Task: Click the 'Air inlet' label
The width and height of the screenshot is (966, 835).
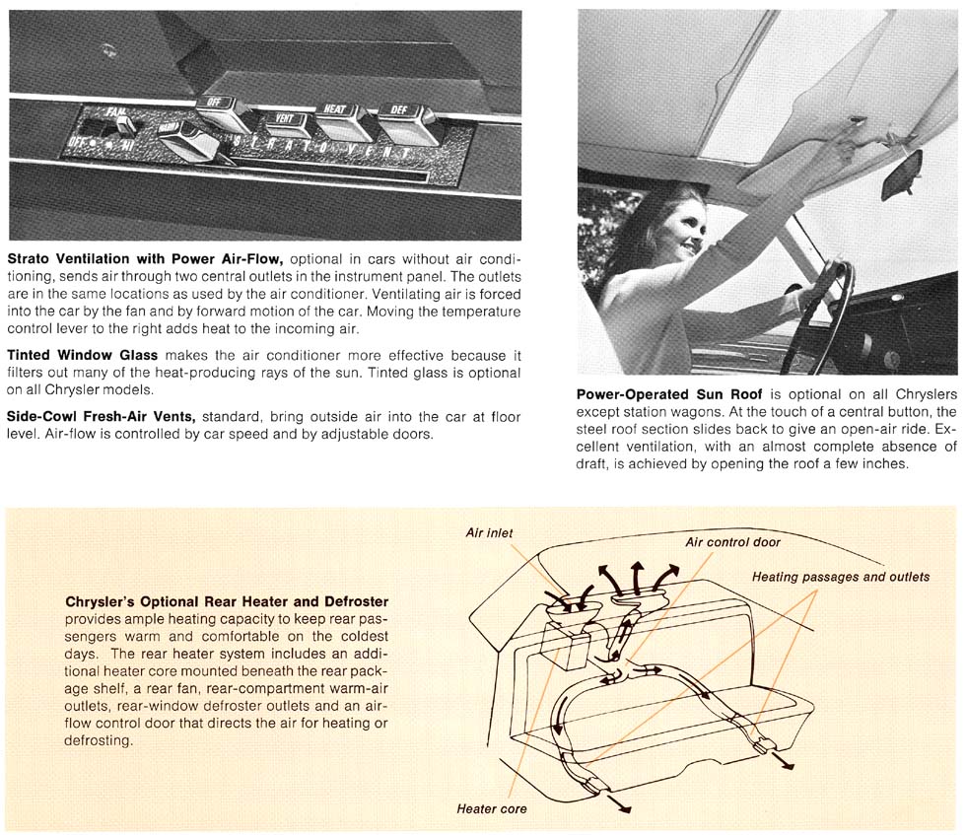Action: tap(489, 533)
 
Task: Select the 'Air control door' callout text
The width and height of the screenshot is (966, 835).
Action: tap(732, 542)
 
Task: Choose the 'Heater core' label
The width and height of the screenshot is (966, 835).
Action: tap(491, 809)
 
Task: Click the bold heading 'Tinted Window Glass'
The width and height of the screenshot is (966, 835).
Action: tap(84, 355)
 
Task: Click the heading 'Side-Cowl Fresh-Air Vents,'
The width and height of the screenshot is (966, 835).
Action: tap(102, 417)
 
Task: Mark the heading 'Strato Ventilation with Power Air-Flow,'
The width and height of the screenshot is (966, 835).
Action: tap(145, 258)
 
